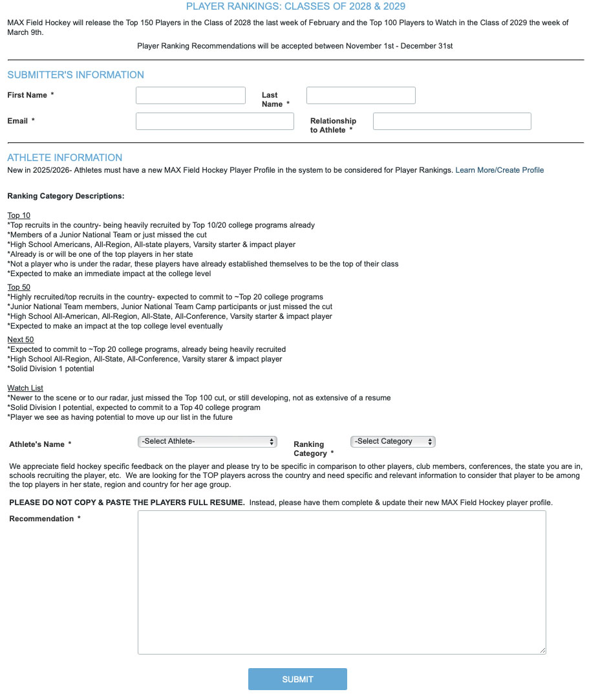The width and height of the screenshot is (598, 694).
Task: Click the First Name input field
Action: pyautogui.click(x=191, y=96)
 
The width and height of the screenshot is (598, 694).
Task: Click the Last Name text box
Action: pyautogui.click(x=361, y=96)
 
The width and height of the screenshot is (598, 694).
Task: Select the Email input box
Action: pyautogui.click(x=215, y=122)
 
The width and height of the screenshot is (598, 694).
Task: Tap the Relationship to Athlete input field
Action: pyautogui.click(x=452, y=122)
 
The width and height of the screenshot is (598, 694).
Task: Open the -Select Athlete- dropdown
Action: pyautogui.click(x=208, y=442)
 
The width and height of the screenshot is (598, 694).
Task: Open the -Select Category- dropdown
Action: pyautogui.click(x=393, y=442)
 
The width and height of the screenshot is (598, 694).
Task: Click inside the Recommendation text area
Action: pyautogui.click(x=341, y=582)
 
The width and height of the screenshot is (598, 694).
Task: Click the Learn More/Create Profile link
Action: pyautogui.click(x=500, y=170)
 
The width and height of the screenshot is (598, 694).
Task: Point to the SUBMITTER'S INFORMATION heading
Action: pyautogui.click(x=76, y=75)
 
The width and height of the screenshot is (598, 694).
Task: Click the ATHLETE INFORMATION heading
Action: pyautogui.click(x=65, y=158)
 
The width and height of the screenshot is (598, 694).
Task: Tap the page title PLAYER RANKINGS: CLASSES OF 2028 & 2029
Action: pyautogui.click(x=295, y=6)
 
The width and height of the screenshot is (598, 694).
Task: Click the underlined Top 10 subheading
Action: pyautogui.click(x=19, y=215)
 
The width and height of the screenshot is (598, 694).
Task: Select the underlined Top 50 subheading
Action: pyautogui.click(x=19, y=287)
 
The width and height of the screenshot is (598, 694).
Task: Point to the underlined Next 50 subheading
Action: pyautogui.click(x=21, y=340)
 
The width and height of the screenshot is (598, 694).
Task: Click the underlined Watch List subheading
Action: pyautogui.click(x=25, y=388)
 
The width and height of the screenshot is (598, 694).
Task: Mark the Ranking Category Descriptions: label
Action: pyautogui.click(x=66, y=196)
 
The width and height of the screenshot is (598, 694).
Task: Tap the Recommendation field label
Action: pyautogui.click(x=42, y=519)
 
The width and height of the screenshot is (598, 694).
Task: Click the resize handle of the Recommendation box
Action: pyautogui.click(x=543, y=651)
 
